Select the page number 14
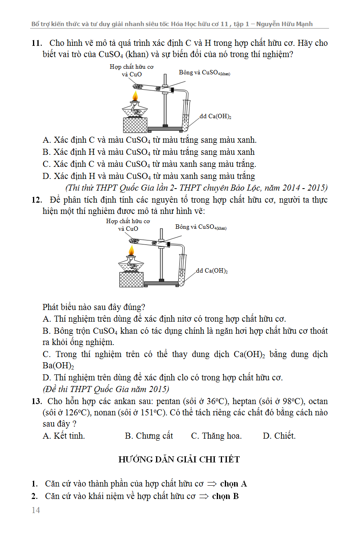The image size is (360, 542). (36, 510)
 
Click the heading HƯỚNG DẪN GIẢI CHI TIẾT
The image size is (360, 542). (179, 460)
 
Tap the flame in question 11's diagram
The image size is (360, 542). (135, 96)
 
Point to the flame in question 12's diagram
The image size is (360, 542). (131, 251)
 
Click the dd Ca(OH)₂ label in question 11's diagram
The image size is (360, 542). (216, 117)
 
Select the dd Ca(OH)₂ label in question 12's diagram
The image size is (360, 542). (212, 271)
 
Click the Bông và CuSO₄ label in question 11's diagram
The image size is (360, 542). (204, 72)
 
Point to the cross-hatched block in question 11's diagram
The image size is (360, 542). (135, 125)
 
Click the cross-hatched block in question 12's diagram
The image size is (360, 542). (131, 279)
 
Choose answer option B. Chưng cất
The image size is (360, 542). (149, 436)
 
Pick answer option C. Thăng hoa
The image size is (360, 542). (216, 436)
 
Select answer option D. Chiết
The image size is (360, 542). (279, 436)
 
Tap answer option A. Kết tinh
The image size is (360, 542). (64, 436)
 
